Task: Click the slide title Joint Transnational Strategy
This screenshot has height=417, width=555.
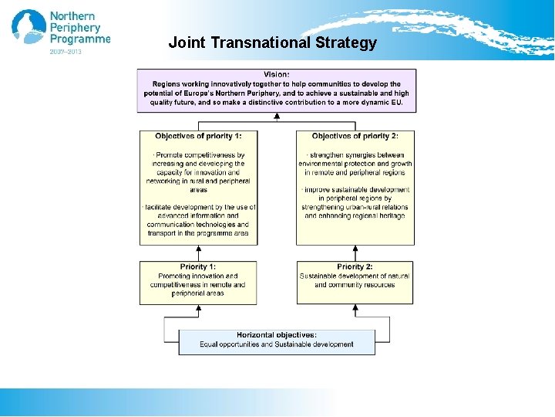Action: tap(273, 42)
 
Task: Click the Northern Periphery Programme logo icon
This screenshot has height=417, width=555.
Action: tap(29, 28)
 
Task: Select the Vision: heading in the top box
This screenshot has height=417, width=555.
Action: tap(277, 74)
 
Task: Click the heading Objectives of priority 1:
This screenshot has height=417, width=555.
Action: tap(198, 136)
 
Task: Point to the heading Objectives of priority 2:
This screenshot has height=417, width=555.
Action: tap(355, 136)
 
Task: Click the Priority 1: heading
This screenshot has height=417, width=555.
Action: tap(198, 266)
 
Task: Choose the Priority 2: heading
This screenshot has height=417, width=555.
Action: tap(355, 266)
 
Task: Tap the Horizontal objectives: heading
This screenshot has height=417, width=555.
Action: tap(277, 334)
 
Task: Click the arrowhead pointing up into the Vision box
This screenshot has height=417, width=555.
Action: tap(277, 117)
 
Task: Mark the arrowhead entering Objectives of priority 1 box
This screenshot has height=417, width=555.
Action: tap(199, 249)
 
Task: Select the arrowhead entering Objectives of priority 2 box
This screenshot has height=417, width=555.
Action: tap(355, 249)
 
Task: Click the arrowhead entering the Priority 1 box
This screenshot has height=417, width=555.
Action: tap(199, 308)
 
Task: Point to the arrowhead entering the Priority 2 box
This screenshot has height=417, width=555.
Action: tap(355, 308)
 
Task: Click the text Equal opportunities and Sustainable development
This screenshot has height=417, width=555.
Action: tap(277, 344)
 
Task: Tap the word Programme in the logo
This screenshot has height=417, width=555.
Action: tap(80, 39)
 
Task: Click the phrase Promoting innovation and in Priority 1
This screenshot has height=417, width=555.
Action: tap(198, 276)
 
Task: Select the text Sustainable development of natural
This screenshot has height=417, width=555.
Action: tap(355, 276)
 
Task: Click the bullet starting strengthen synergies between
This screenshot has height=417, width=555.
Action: tap(355, 154)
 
